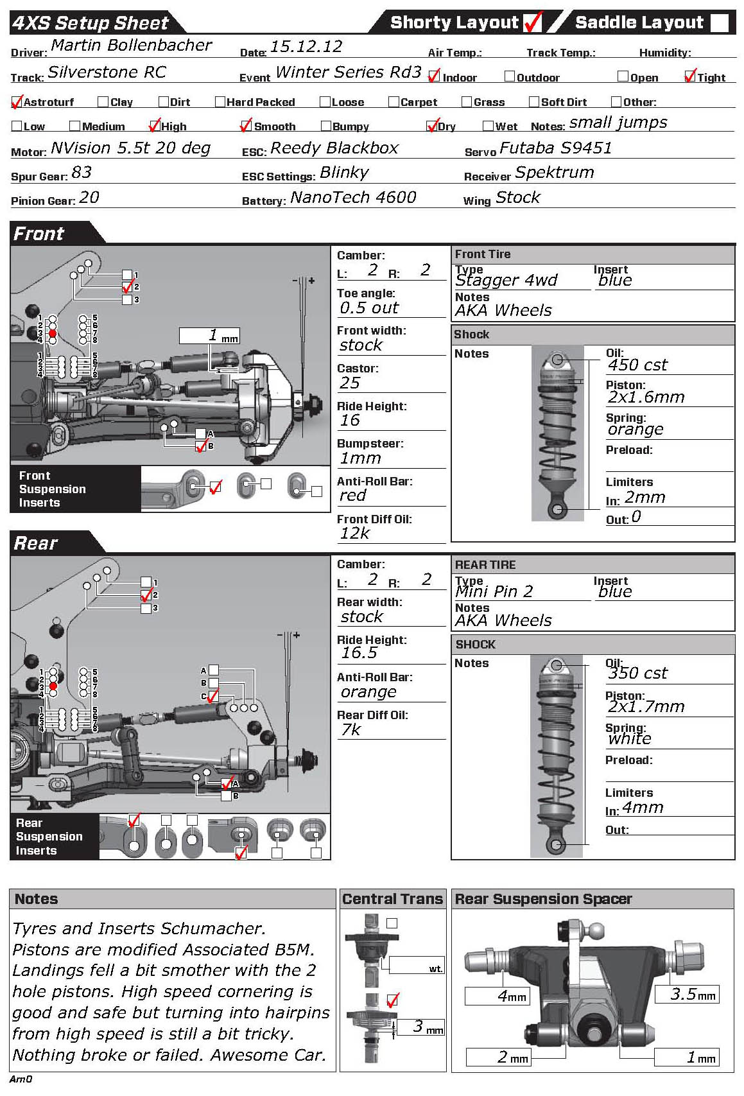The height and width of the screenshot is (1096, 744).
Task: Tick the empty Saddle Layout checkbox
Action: (720, 23)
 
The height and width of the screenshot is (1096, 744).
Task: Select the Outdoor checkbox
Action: (510, 77)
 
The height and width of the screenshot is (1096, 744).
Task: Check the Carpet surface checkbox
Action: (394, 101)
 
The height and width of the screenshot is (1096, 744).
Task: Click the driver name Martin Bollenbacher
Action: (131, 46)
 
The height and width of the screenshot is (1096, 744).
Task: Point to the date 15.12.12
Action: (306, 47)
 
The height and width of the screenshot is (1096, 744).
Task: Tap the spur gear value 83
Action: (82, 173)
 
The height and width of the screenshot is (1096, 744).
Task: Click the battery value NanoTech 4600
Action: (353, 198)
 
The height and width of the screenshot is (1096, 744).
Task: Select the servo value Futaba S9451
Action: (555, 148)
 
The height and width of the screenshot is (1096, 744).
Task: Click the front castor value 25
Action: (350, 383)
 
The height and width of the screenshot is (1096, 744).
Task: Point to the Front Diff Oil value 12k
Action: (355, 534)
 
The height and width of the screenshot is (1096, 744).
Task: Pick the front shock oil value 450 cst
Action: (637, 365)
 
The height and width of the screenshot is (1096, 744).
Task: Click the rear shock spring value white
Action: (629, 739)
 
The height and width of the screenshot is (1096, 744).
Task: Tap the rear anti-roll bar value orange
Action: (368, 692)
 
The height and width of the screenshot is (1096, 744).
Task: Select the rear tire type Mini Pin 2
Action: (494, 591)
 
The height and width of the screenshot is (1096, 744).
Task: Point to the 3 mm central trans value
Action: (422, 1027)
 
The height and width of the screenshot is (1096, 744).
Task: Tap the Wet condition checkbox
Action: (488, 126)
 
